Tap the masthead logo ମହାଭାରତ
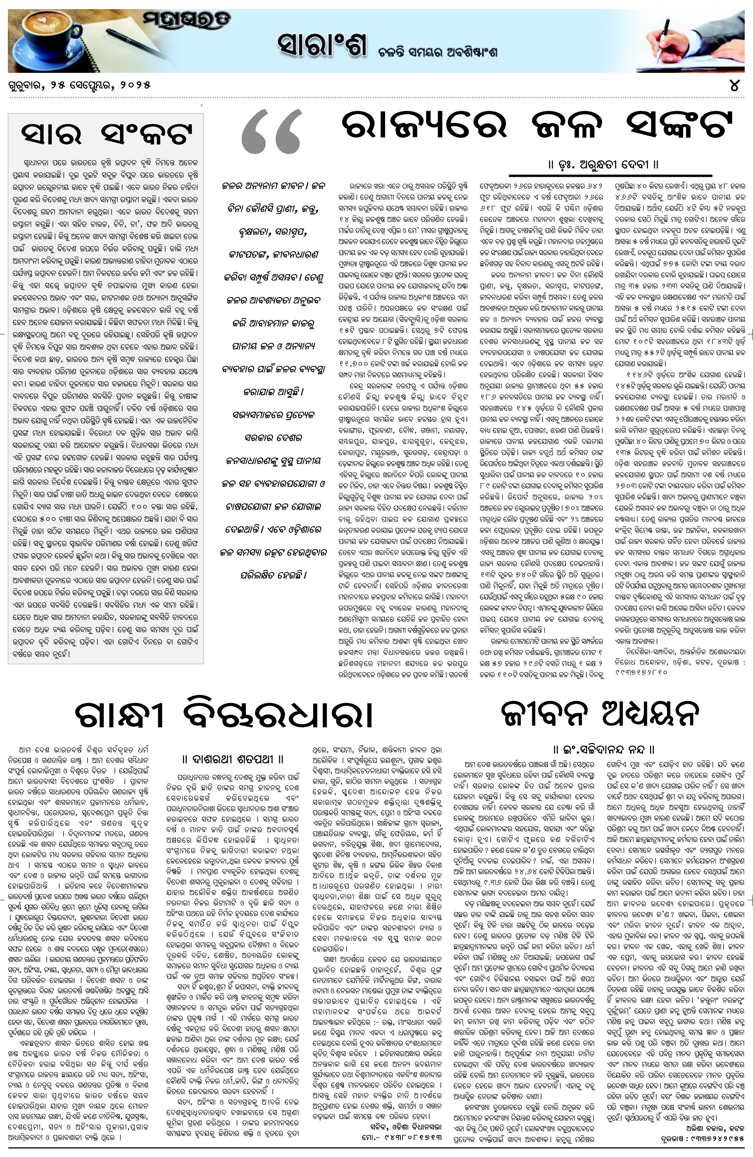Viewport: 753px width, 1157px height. coord(187,21)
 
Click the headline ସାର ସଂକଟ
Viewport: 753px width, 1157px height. coord(106,132)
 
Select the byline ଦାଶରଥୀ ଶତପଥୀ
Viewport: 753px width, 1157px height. coord(233,759)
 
